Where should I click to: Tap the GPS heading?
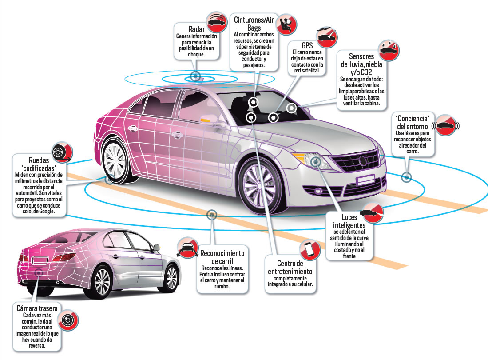(x=307, y=46)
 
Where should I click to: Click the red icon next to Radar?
(x=216, y=22)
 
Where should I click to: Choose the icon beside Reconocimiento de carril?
(x=186, y=248)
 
